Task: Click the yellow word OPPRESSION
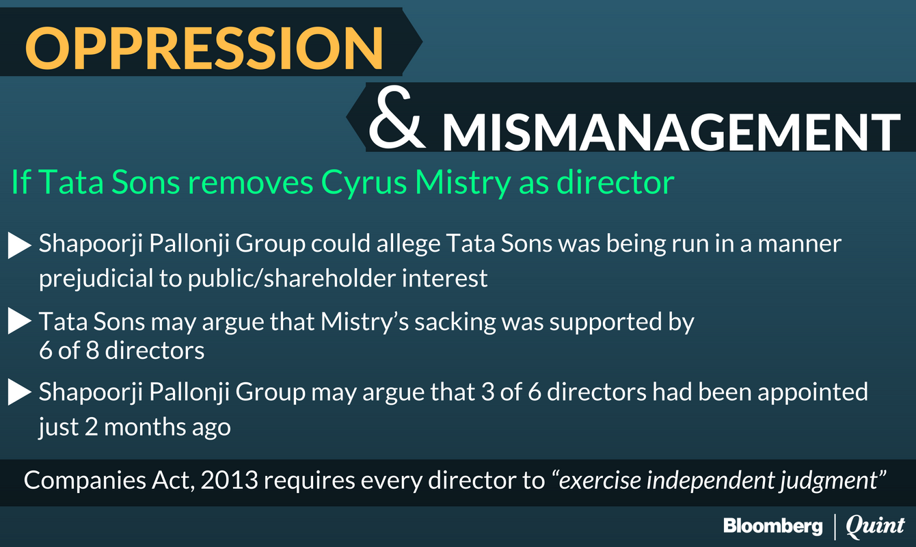coord(204,48)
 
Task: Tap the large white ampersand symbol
coord(396,119)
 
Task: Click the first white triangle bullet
coord(20,245)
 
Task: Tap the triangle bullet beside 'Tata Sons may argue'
coord(20,321)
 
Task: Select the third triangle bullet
coord(20,392)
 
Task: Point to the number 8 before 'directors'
coord(92,351)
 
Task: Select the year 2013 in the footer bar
coord(229,480)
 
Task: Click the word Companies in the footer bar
coord(85,481)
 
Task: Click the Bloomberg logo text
coord(773,526)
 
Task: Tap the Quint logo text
coord(875,526)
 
